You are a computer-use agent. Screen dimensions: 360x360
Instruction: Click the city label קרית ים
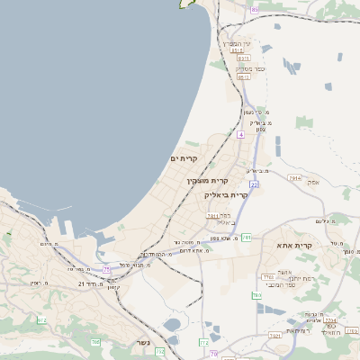coord(184,158)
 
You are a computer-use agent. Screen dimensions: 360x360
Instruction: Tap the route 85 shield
coord(255,9)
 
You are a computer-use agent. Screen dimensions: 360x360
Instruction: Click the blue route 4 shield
coord(241,134)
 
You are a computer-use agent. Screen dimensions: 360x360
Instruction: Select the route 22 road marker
coord(255,184)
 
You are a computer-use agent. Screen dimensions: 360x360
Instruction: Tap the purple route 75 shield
coord(107,268)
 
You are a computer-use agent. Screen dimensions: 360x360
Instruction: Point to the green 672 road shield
coord(41,319)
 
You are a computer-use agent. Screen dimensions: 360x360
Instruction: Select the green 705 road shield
coord(94,342)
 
